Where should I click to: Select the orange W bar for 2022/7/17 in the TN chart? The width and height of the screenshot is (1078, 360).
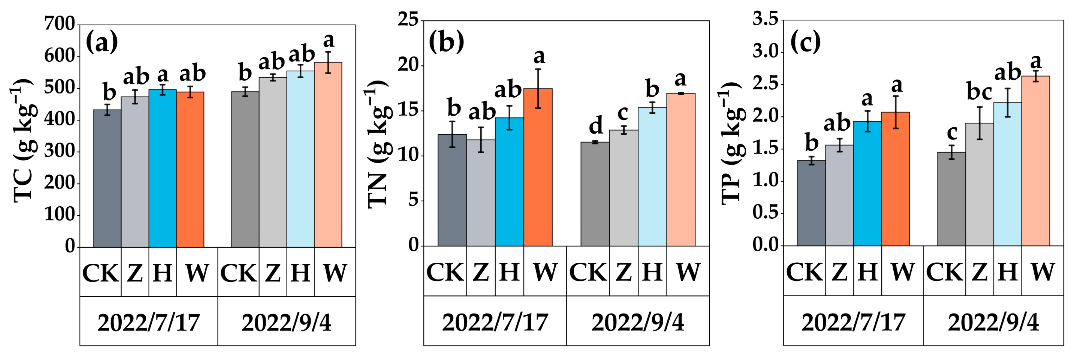538,167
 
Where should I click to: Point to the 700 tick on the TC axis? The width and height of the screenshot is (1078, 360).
60,24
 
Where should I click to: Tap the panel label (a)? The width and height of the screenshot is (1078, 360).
102,42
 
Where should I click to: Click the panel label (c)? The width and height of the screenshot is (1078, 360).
805,42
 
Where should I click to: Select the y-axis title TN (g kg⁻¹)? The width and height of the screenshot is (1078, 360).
378,144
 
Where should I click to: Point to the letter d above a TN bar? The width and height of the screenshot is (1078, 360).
596,125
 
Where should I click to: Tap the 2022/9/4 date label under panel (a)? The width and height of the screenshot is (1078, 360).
286,322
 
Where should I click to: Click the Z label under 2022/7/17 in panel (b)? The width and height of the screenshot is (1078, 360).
481,272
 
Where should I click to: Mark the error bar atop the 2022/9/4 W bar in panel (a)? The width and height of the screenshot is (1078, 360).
328,62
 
